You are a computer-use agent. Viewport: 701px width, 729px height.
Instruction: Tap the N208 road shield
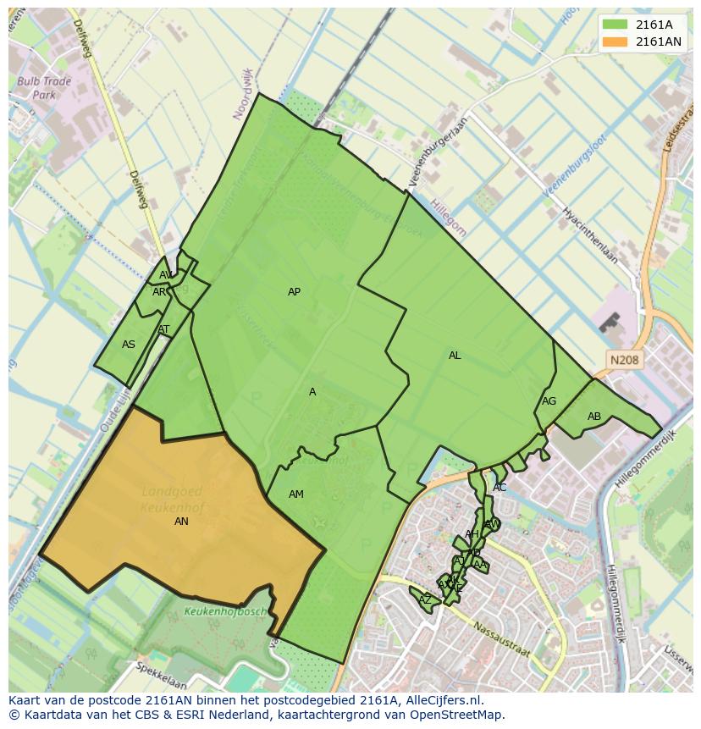click(624, 361)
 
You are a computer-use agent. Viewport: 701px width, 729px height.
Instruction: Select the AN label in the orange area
click(181, 522)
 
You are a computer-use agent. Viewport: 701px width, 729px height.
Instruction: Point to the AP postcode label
click(294, 292)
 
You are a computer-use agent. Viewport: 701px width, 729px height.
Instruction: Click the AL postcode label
click(455, 356)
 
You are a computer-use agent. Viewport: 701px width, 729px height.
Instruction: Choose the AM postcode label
click(295, 494)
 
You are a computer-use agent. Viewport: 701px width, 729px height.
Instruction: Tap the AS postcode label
click(129, 345)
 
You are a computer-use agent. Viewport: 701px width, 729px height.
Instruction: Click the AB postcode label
click(594, 417)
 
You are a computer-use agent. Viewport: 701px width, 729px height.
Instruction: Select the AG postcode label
click(549, 401)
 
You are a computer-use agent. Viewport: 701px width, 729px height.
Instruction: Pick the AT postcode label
click(163, 330)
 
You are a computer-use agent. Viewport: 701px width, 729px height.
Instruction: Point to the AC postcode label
click(500, 488)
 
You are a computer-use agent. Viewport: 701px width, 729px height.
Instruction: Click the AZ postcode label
click(425, 600)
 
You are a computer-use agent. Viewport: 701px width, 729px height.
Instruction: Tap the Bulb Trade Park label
click(44, 89)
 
